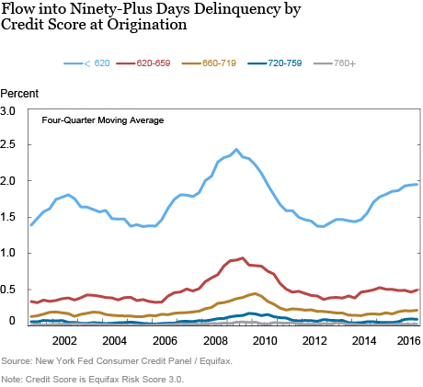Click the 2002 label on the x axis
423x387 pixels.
click(x=63, y=339)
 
